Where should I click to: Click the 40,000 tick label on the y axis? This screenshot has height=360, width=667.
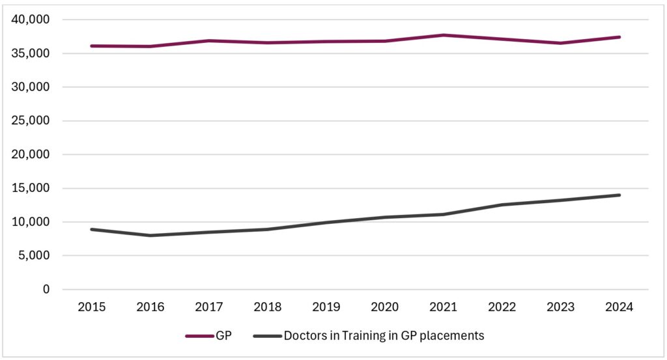click(x=31, y=20)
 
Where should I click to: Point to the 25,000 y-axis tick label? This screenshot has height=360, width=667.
click(x=31, y=121)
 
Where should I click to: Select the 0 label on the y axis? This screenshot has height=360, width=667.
click(x=46, y=290)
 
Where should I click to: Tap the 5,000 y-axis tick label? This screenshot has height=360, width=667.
click(x=34, y=256)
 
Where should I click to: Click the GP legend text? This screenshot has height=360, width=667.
click(x=224, y=336)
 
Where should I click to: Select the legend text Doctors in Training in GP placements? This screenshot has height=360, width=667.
click(x=384, y=336)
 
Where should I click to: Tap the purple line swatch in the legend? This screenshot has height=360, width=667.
click(x=199, y=336)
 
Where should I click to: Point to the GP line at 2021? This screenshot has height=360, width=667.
click(x=444, y=35)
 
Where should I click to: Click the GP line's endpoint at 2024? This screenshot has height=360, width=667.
click(x=619, y=37)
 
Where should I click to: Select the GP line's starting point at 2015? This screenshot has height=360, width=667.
click(x=92, y=46)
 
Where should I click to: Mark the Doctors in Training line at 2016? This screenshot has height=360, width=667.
click(x=150, y=235)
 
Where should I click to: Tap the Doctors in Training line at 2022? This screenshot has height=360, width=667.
click(x=502, y=204)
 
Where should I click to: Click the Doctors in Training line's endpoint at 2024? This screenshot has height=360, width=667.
click(x=619, y=195)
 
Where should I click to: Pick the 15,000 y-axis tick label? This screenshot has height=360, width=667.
click(x=31, y=189)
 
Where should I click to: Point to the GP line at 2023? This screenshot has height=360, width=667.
click(x=561, y=43)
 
